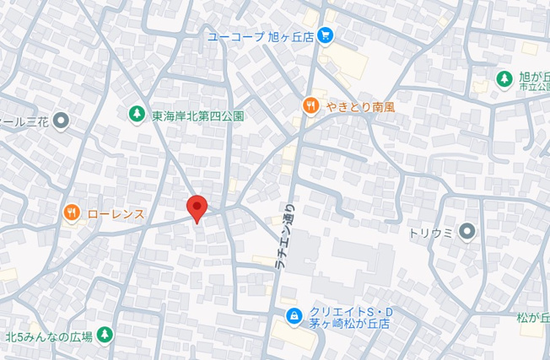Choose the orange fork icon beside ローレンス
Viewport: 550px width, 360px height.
[72, 213]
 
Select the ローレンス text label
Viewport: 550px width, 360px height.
[116, 214]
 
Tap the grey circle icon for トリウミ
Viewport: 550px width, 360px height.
[467, 232]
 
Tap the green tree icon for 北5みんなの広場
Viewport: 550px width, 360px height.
[105, 336]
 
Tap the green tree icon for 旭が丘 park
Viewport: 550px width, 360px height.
[504, 78]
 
